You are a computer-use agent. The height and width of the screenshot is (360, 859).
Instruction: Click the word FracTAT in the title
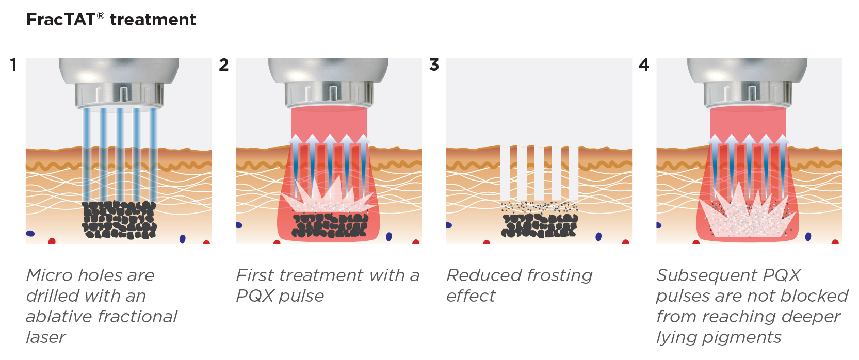[x=60, y=20]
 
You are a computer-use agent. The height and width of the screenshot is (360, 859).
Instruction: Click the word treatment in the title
[x=153, y=20]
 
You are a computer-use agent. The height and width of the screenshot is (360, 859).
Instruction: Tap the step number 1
[x=13, y=65]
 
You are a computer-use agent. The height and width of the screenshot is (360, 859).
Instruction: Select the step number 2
[x=223, y=65]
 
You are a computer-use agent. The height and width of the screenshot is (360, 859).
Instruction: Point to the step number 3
[x=434, y=65]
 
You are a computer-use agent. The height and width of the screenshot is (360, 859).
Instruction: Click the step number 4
[x=643, y=65]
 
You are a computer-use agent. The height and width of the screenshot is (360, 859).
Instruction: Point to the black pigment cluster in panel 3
[x=539, y=225]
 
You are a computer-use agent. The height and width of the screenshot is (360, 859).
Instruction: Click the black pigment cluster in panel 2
[x=330, y=225]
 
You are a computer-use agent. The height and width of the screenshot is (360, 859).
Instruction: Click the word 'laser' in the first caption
[x=46, y=337]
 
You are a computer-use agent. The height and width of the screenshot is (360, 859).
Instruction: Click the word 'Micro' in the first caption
[x=47, y=275]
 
